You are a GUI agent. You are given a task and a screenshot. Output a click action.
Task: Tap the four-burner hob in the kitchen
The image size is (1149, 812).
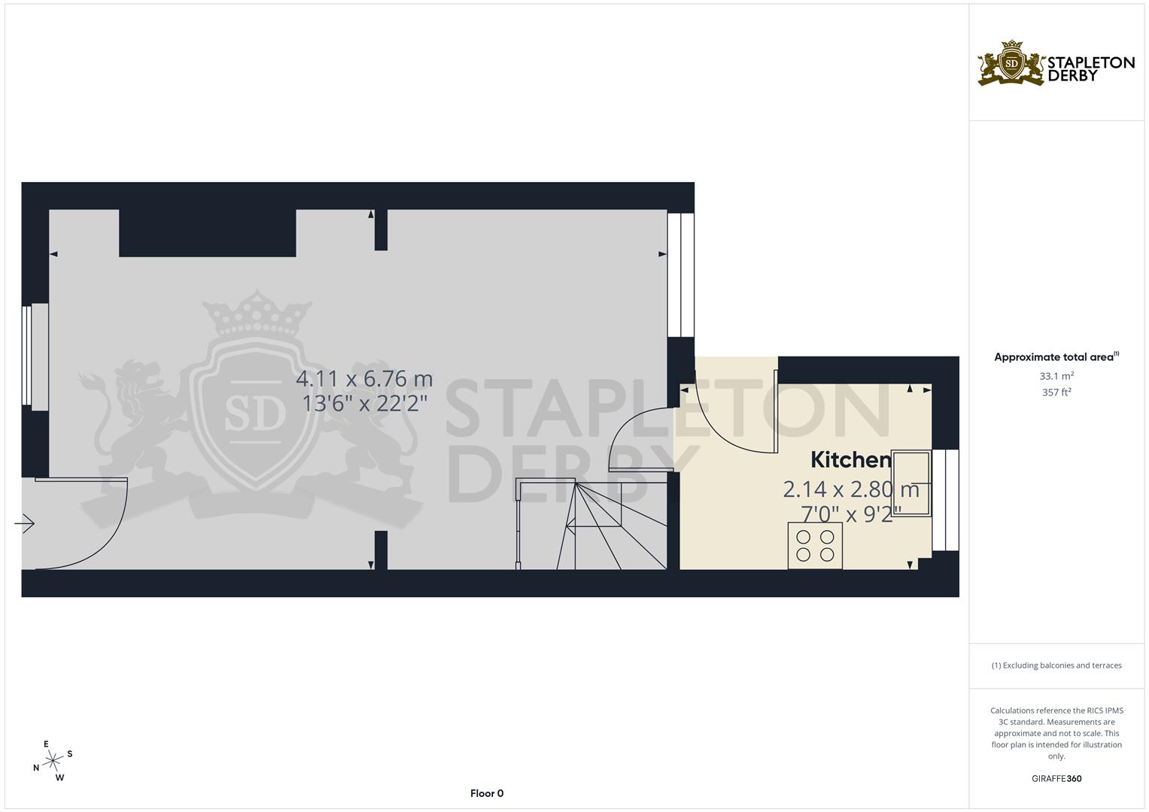click(815, 546)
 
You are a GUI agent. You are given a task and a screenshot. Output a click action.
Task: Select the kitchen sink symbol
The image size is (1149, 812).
click(911, 482)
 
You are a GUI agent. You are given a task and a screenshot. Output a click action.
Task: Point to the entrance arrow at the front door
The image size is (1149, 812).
click(25, 523)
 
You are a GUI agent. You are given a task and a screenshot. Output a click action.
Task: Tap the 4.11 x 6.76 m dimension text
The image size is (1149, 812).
click(364, 378)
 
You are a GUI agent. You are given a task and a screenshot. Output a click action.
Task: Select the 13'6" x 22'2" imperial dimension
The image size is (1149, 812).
click(364, 404)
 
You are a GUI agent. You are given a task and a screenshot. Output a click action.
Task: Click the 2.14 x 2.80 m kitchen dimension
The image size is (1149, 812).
click(850, 489)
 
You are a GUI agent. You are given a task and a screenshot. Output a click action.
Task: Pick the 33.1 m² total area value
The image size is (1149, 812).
click(1056, 376)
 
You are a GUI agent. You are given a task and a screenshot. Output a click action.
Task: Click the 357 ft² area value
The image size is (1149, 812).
click(1056, 392)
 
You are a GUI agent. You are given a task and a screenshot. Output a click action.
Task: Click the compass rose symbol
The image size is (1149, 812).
click(53, 761)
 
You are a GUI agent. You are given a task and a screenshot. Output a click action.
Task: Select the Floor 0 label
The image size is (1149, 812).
click(486, 793)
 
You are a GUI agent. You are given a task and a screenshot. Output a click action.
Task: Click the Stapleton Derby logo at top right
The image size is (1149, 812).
click(1056, 64)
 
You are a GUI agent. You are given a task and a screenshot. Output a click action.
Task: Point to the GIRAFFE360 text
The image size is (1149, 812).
click(1056, 779)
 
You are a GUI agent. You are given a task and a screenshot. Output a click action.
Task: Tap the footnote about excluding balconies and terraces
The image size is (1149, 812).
click(1056, 665)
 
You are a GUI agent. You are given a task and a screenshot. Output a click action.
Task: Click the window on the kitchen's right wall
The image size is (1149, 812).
click(945, 500)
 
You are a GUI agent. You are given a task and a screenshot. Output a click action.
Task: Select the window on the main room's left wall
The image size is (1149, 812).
click(35, 356)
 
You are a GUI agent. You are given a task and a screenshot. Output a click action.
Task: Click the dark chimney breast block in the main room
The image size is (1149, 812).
click(207, 233)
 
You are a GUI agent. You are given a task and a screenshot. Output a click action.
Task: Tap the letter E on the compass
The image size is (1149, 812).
click(46, 744)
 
